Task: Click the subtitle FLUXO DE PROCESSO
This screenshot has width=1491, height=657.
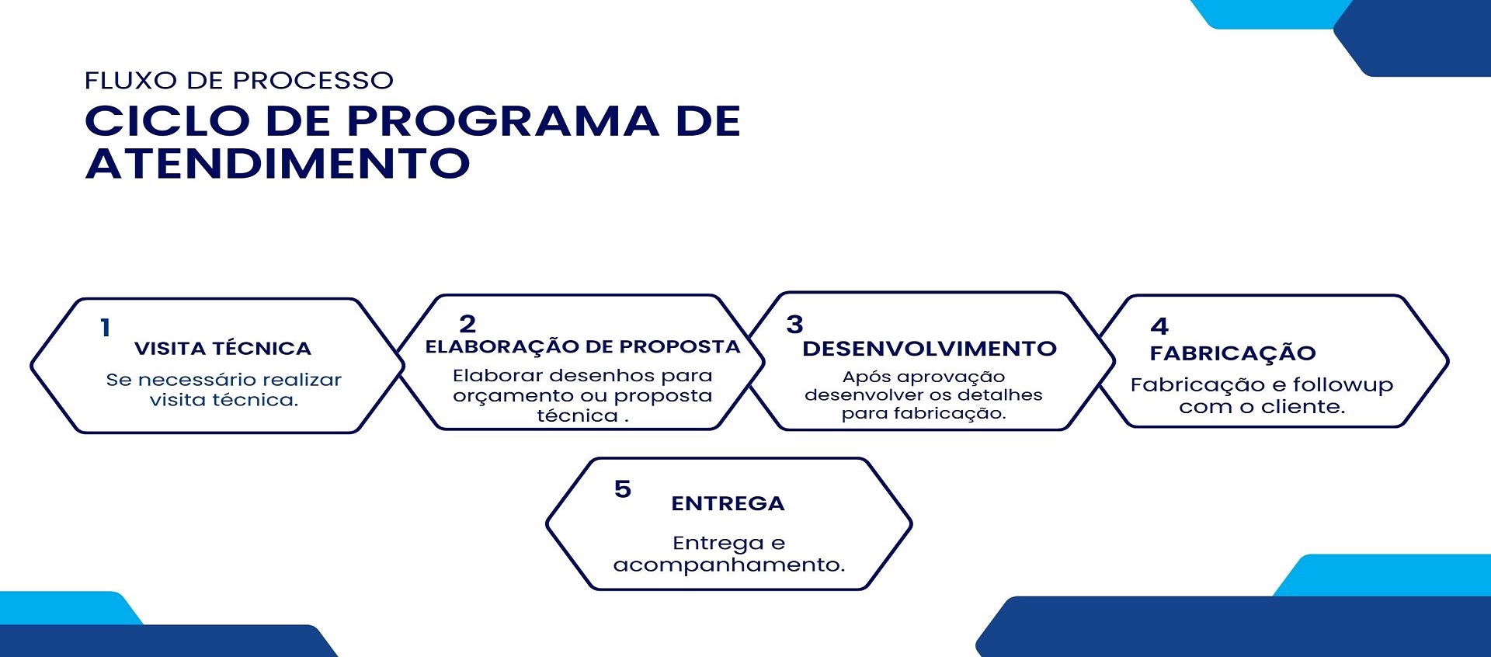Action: pos(239,81)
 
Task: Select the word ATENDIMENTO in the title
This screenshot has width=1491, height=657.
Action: pos(278,163)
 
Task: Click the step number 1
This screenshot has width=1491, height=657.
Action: pos(105,328)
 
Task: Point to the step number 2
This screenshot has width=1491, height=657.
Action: pos(467,323)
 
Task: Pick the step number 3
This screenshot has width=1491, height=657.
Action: pos(794,324)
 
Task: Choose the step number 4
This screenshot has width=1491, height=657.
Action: pos(1159,326)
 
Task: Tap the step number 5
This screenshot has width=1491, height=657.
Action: pos(623,489)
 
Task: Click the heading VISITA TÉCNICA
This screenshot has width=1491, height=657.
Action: pos(223,349)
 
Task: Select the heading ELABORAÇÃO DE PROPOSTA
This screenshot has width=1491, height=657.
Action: pos(582,346)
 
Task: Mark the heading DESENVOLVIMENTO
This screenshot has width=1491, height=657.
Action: pos(930,349)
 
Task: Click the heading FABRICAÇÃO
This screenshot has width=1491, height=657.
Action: pos(1233,353)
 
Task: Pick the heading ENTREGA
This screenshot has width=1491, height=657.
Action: pos(728,504)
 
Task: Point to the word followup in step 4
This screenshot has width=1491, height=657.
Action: pos(1343,385)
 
